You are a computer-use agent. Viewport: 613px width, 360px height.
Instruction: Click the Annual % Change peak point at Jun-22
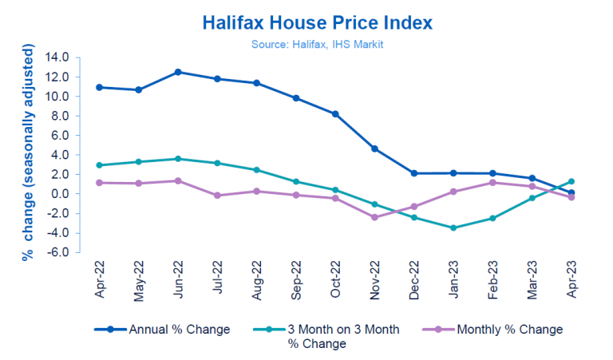coord(178,72)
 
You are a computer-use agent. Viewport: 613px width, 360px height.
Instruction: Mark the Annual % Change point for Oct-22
coord(335,114)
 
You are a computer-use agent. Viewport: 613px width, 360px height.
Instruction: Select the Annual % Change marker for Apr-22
coord(99,87)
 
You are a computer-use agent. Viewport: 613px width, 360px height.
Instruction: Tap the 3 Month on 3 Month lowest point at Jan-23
coord(453,227)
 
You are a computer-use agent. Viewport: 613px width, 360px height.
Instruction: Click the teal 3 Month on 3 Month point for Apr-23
coord(571,181)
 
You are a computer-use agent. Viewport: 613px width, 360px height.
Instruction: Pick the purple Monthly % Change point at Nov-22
coord(374,217)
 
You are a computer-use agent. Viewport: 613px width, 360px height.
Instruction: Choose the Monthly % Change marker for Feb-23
coord(492,183)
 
